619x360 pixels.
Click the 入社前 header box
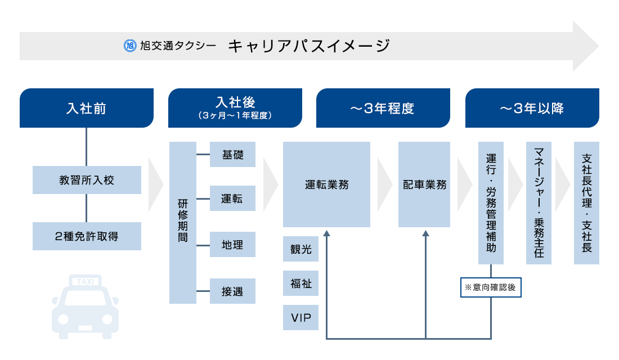[x=86, y=108]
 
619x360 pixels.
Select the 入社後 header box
[x=235, y=108]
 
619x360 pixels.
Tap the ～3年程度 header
[x=383, y=108]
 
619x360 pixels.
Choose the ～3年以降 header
[x=532, y=108]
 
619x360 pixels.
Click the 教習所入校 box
[x=87, y=180]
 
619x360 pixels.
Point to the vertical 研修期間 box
[x=182, y=223]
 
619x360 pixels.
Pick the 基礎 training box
[x=232, y=155]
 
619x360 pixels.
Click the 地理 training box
[x=232, y=245]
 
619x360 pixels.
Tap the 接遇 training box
[x=232, y=291]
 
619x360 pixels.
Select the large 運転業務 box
[x=326, y=184]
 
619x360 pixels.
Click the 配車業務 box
[x=424, y=184]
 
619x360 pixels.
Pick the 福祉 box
[x=300, y=283]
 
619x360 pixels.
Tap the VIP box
[x=300, y=317]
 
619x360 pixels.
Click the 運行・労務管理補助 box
[x=491, y=202]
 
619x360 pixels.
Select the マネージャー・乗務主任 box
[x=539, y=202]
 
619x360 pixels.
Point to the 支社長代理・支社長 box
[x=586, y=202]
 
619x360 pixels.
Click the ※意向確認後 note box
[x=490, y=287]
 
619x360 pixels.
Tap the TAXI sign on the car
[x=86, y=281]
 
